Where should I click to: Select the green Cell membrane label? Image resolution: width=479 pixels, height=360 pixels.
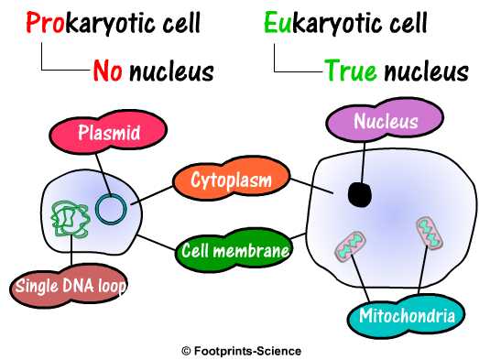tap(236, 248)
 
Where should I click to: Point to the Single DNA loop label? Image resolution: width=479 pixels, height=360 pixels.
tap(70, 287)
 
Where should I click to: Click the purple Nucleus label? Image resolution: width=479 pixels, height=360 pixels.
tap(386, 122)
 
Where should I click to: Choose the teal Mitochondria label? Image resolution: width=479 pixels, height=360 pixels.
tap(407, 318)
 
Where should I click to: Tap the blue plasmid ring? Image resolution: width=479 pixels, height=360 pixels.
tap(113, 210)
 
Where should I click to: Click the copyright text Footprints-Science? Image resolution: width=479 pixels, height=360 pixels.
tap(241, 350)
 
